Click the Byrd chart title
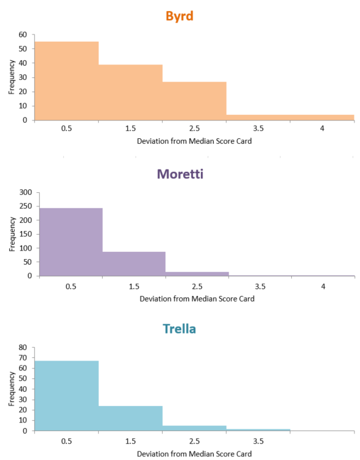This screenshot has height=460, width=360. [x=179, y=16]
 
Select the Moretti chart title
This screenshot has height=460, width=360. [x=180, y=174]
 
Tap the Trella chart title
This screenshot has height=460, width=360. [x=179, y=329]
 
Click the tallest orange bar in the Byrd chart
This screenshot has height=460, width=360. [x=66, y=81]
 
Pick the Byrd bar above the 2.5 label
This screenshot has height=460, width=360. [x=195, y=101]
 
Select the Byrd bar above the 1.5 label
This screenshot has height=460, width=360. [x=131, y=92]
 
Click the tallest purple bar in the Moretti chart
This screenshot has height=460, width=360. [x=71, y=242]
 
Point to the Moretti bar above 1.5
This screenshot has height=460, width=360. [x=134, y=263]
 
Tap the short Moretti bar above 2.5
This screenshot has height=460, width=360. [x=197, y=274]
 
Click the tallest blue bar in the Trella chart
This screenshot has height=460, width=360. [x=66, y=396]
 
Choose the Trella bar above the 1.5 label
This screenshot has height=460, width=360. [x=131, y=418]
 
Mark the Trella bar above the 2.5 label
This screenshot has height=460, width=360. [x=195, y=428]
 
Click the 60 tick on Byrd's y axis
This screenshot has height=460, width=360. [x=23, y=34]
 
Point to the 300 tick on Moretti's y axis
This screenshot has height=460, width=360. [x=26, y=192]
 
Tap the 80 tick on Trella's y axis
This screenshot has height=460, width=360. [x=23, y=348]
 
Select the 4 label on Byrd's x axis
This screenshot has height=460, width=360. [x=322, y=128]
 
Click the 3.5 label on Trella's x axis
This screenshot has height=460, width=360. [x=259, y=441]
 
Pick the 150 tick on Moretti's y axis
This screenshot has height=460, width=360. [x=26, y=234]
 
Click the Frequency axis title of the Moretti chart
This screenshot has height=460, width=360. [x=12, y=234]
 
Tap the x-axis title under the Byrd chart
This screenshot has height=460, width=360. [x=194, y=141]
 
